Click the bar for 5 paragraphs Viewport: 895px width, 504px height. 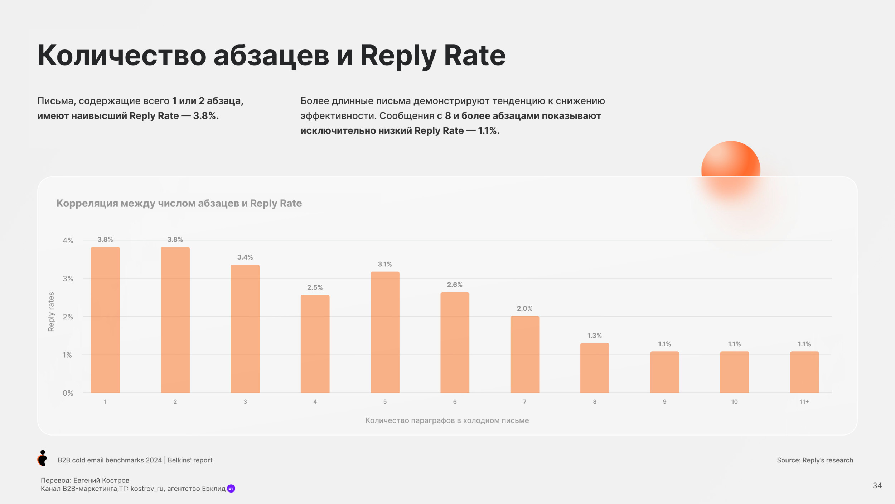[x=385, y=332]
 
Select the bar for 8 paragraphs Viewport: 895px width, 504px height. [x=594, y=368]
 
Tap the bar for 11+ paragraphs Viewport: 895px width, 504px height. [x=804, y=372]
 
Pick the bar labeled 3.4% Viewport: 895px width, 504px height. [x=245, y=328]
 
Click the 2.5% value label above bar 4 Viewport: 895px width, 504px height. [x=315, y=287]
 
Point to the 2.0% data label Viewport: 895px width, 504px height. [x=524, y=309]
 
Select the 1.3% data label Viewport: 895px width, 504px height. [x=594, y=336]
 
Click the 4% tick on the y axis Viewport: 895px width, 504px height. [x=68, y=241]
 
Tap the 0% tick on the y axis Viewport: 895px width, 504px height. [x=68, y=393]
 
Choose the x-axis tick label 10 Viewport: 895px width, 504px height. [x=734, y=402]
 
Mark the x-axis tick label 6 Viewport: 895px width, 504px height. [x=455, y=402]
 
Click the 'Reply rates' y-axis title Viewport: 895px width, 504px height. [x=51, y=312]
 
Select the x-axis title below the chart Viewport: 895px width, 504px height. [x=447, y=420]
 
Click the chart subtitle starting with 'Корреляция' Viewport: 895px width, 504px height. [x=179, y=203]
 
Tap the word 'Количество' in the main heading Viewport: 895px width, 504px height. [x=122, y=56]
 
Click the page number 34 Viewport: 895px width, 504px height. [x=877, y=485]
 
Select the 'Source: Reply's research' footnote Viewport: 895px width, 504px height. [x=815, y=460]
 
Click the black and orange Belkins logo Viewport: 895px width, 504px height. [x=42, y=458]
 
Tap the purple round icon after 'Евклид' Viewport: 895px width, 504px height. [x=231, y=489]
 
